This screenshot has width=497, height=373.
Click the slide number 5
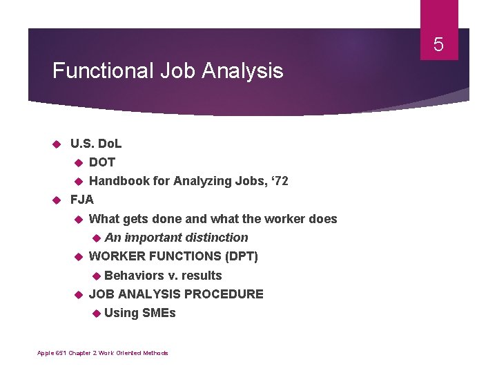pos(438,46)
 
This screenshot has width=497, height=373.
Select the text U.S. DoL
pos(96,144)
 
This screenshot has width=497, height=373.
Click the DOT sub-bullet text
pos(102,162)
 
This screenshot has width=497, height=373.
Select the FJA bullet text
pos(82,200)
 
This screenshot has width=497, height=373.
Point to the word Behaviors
pos(134,276)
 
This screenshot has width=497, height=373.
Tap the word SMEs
pos(159,313)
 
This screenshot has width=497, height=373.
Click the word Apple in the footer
pos(44,353)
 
